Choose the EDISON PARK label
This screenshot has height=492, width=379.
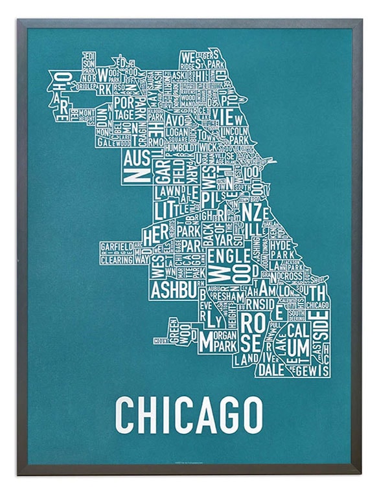(89, 65)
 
